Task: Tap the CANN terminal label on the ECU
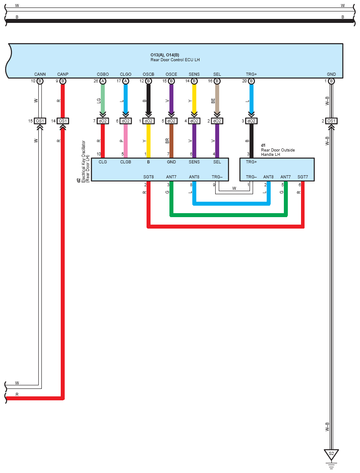[x=40, y=74]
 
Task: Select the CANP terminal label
[x=62, y=74]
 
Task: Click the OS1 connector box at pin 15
[x=40, y=121]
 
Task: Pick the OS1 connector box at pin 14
[x=62, y=121]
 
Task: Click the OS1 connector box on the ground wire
[x=331, y=121]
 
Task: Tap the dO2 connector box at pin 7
[x=103, y=121]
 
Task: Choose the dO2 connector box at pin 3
[x=251, y=121]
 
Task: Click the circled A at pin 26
[x=103, y=81]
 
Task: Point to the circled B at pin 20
[x=251, y=81]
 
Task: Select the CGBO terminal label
[x=103, y=74]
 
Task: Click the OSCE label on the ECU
[x=171, y=74]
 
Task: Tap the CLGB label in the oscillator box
[x=126, y=162]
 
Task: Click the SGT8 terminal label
[x=148, y=177]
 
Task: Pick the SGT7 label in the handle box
[x=303, y=177]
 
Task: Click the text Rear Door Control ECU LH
[x=175, y=60]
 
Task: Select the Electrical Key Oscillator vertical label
[x=84, y=161]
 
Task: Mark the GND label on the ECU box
[x=331, y=74]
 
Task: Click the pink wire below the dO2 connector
[x=126, y=141]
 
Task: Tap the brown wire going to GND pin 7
[x=171, y=141]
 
